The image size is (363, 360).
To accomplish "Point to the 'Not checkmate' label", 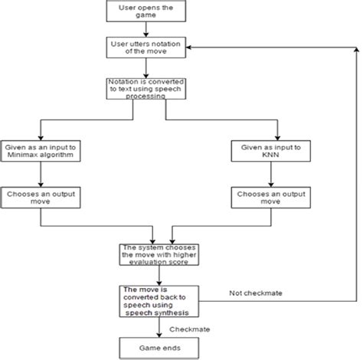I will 253,293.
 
